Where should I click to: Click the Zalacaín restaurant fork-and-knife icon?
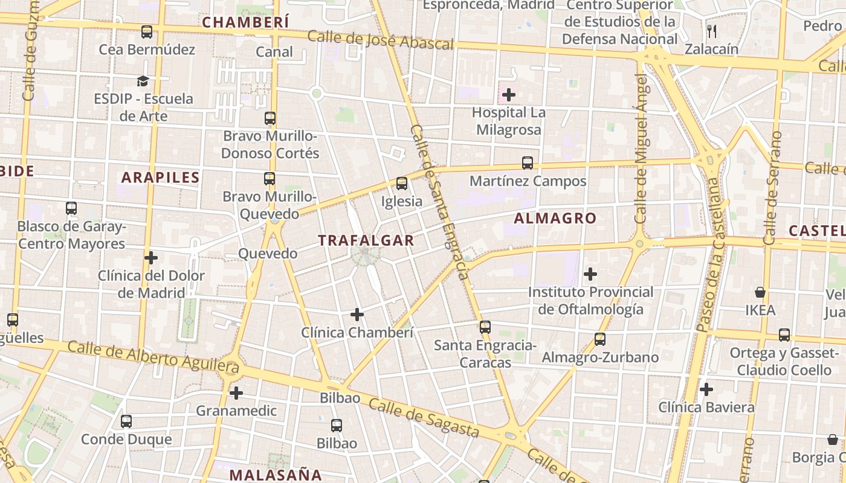click(711, 31)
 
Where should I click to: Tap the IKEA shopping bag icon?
click(760, 293)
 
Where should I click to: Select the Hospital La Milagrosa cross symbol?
click(509, 95)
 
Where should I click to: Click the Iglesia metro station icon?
click(402, 184)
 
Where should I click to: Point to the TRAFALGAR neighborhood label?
click(366, 240)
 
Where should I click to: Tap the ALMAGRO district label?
click(555, 219)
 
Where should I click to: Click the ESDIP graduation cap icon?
click(143, 81)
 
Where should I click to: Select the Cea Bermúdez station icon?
click(147, 32)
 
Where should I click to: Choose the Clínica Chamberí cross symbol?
click(357, 315)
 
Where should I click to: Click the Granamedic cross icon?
click(236, 393)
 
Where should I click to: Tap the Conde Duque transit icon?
click(126, 421)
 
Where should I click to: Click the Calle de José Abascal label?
click(380, 40)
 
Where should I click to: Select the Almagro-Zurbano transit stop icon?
click(600, 339)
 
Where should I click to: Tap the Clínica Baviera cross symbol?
click(706, 389)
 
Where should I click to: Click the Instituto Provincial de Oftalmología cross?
click(590, 275)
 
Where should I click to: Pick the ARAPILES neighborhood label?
click(160, 178)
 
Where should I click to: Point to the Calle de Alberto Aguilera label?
click(153, 356)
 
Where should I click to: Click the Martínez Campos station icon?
click(528, 163)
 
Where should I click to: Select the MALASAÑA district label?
click(276, 475)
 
